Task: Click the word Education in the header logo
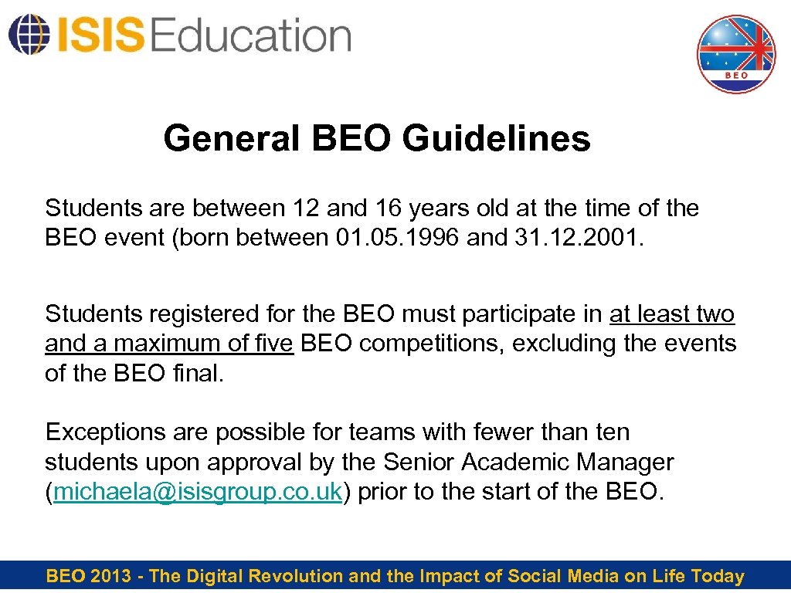coord(252,36)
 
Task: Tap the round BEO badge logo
coord(735,54)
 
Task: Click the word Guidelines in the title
coord(497,139)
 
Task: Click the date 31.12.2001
coord(577,237)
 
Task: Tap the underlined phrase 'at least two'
coord(672,313)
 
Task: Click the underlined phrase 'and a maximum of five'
coord(169,343)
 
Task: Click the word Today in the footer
coord(718,576)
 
